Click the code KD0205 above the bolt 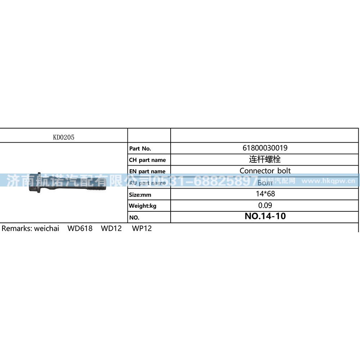click(64, 137)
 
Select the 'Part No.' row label click(140, 149)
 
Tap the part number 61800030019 click(265, 148)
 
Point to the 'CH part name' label click(147, 160)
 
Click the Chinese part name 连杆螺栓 click(265, 159)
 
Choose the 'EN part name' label click(147, 171)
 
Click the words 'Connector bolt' click(265, 171)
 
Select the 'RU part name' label click(147, 183)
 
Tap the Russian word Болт click(265, 183)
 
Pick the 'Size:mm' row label click(140, 195)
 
